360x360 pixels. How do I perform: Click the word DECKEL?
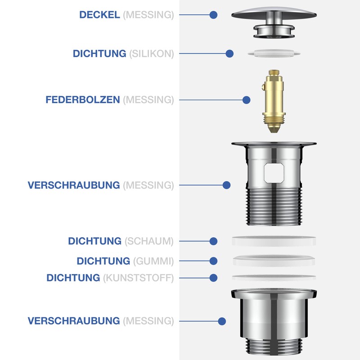pos(99,15)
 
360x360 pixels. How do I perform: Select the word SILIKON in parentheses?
pos(151,54)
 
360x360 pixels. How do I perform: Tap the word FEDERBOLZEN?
pos(83,100)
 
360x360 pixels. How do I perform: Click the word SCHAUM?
pos(148,241)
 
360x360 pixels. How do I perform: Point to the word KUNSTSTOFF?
pos(138,278)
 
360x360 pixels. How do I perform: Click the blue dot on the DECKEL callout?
pos(213,15)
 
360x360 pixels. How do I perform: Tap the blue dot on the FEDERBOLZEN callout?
pos(246,100)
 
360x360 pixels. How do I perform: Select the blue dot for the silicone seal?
pos(229,54)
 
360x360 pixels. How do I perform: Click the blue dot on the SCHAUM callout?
pos(214,241)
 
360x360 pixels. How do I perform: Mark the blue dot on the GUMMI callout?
pos(214,261)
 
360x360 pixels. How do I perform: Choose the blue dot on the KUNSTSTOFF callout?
pos(214,278)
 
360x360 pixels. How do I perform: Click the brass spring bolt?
pos(274,102)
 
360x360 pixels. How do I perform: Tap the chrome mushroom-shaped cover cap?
pos(274,13)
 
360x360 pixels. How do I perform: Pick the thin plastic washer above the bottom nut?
pos(274,277)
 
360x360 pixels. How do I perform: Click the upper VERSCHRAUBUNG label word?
pos(74,185)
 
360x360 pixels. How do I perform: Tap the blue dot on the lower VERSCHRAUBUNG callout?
pos(222,321)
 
